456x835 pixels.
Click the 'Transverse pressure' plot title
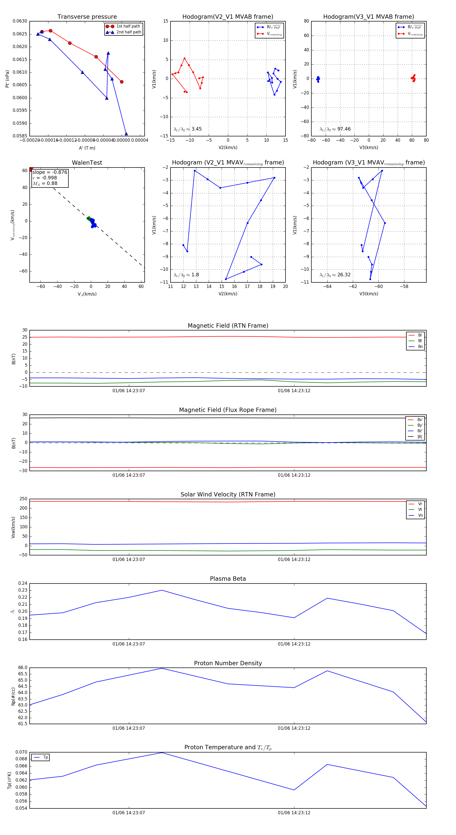pos(87,17)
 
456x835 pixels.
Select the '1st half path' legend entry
pos(128,26)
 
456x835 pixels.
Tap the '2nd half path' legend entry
pos(128,32)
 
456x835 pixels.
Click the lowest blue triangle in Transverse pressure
pos(126,134)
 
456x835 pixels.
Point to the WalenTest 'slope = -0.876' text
pos(50,172)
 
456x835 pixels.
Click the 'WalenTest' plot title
pos(87,163)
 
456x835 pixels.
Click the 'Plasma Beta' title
pos(228,579)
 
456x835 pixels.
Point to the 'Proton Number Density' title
pos(228,663)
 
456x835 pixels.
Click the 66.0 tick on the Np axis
pos(23,668)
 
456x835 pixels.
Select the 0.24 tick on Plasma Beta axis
pos(23,583)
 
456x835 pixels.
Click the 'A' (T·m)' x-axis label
pos(87,148)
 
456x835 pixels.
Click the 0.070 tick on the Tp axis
pos(22,752)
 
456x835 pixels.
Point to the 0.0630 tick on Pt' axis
pos(20,21)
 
